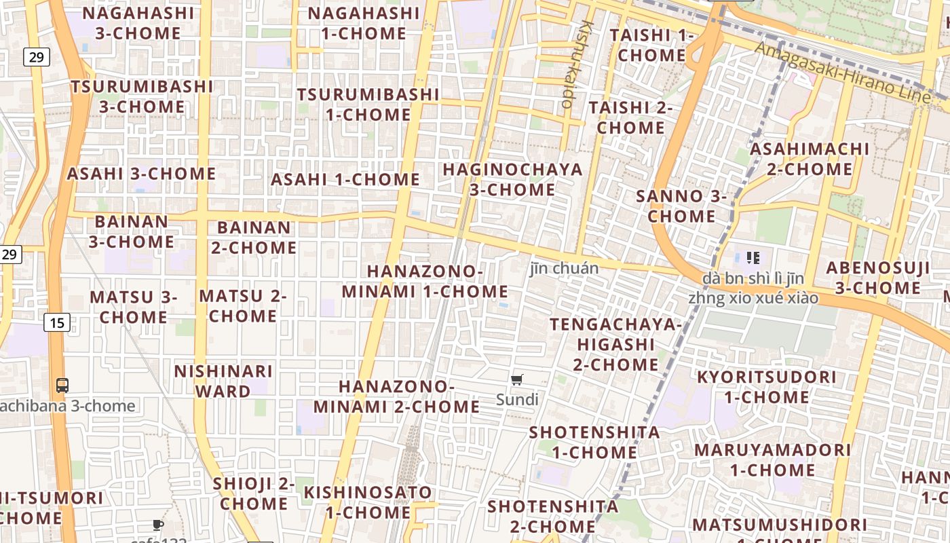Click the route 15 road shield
57,322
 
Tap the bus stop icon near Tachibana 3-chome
62,386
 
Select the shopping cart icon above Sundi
517,379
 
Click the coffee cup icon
157,525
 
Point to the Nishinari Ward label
223,381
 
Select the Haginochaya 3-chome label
512,179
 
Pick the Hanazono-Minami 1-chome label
425,281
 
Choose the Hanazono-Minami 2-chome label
396,396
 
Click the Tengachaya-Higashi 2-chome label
616,344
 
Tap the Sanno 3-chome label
681,206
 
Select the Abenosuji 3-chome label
878,278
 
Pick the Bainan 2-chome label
254,237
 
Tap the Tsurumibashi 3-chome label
142,96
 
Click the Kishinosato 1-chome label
368,502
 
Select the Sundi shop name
517,399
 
